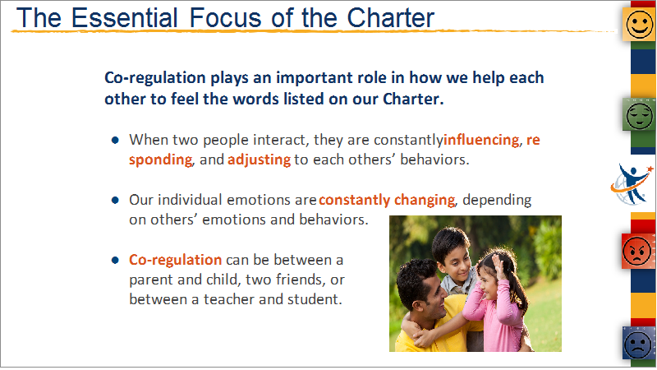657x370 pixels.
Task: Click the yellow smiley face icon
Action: point(639,25)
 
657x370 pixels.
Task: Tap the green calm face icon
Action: point(639,114)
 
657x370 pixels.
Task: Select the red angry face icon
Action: point(637,252)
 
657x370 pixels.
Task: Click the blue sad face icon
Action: point(638,344)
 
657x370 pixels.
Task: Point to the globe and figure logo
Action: point(632,184)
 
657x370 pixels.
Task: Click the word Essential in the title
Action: point(125,18)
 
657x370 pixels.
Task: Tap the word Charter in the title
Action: point(391,18)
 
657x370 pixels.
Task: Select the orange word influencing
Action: point(481,139)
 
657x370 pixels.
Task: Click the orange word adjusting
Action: point(259,160)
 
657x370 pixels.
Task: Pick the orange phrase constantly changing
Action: point(386,200)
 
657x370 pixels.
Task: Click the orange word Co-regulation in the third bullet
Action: point(175,260)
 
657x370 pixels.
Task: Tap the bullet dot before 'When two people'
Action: point(115,140)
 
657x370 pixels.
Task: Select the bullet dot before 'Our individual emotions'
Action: point(115,200)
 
